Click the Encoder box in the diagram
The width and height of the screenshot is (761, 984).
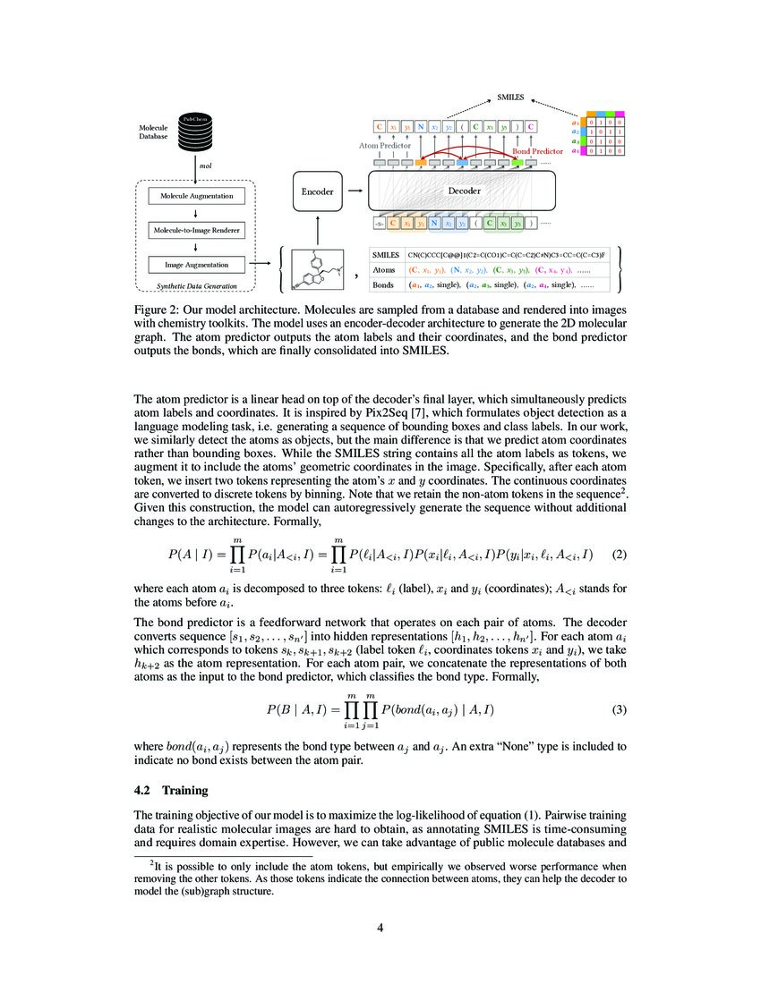(318, 191)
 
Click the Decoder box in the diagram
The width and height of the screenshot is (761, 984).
(464, 191)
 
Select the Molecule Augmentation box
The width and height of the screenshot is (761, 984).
(196, 196)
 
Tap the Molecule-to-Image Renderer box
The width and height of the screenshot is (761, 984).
(196, 231)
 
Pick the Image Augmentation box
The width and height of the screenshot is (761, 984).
(196, 265)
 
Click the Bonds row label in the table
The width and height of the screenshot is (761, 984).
(384, 284)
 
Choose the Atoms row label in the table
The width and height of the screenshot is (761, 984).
(385, 269)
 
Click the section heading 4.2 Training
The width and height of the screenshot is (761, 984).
(170, 791)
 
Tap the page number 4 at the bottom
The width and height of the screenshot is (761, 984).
(380, 928)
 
